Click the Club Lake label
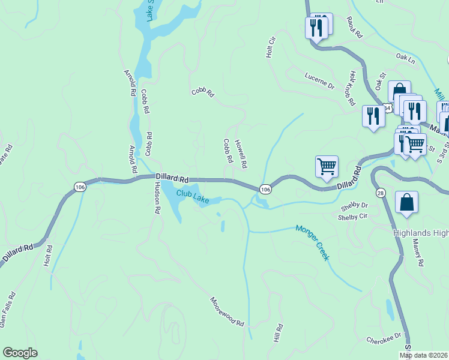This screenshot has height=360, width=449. [x=193, y=197]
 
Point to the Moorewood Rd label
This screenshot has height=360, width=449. [x=228, y=311]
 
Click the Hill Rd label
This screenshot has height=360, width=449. [x=279, y=333]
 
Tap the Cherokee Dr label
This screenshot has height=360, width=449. [x=384, y=339]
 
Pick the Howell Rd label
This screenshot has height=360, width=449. [x=241, y=154]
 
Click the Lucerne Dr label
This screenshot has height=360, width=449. [x=319, y=85]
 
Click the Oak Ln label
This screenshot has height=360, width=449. [x=406, y=59]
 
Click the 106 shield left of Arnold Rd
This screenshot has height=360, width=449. [x=80, y=187]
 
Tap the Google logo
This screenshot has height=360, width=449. [x=20, y=353]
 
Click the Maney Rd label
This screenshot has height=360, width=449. [x=418, y=253]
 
